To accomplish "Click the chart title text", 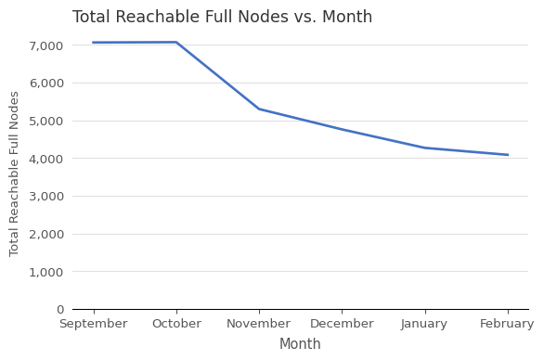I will click(x=222, y=18).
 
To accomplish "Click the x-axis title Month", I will click(x=300, y=344).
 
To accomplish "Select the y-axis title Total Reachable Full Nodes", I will click(x=15, y=174).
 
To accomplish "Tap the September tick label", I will click(x=93, y=324).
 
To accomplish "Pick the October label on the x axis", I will click(x=176, y=324).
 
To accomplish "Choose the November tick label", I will click(x=259, y=324).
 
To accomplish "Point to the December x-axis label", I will click(x=342, y=324).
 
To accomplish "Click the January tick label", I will click(x=424, y=324).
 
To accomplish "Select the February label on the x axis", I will click(x=507, y=324).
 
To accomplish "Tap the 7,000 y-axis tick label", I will click(x=45, y=45).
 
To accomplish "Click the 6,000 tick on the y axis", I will click(x=45, y=84).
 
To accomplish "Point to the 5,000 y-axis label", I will click(x=45, y=121).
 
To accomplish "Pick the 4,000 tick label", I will click(x=45, y=159).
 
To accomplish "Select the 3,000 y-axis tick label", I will click(x=45, y=197).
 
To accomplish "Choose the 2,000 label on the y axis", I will click(x=45, y=234).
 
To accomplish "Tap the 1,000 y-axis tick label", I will click(x=45, y=272).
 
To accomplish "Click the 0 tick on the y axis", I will click(x=60, y=310).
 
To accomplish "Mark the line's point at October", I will click(x=176, y=42).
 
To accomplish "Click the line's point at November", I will click(x=259, y=109).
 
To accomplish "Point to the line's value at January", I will click(x=424, y=148).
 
